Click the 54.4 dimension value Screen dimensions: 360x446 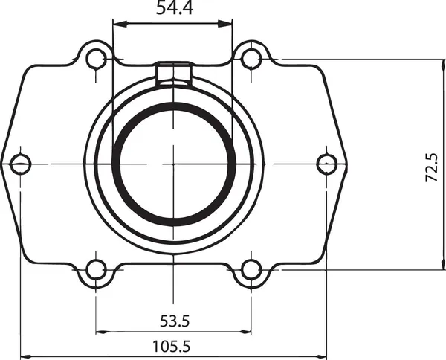point(172,9)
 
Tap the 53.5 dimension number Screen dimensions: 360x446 point(175,321)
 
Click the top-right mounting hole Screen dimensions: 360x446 point(252,58)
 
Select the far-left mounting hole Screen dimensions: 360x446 point(20,162)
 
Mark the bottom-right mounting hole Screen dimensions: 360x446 point(252,269)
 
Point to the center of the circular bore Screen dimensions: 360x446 point(174,163)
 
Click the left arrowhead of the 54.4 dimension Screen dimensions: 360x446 point(117,25)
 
